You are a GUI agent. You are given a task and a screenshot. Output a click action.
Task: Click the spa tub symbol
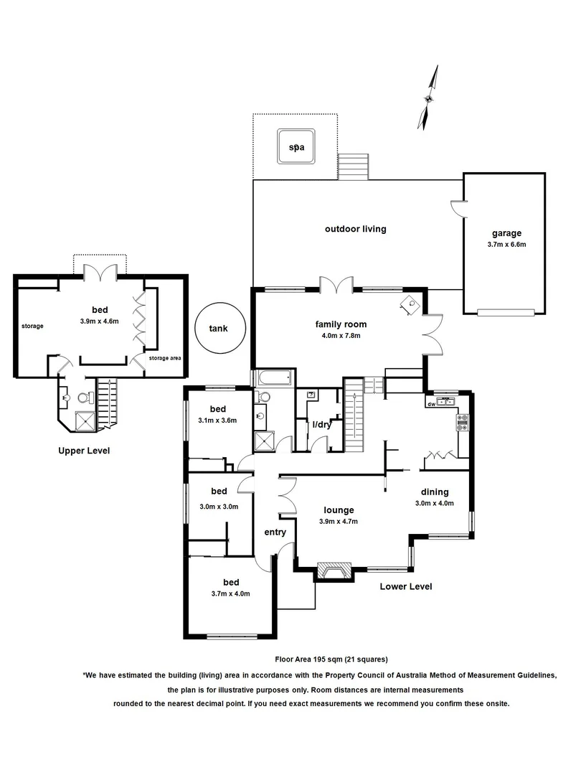pos(296,146)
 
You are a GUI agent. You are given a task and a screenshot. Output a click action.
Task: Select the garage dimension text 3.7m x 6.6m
pos(506,244)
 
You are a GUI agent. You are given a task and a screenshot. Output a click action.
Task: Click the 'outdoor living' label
pos(355,229)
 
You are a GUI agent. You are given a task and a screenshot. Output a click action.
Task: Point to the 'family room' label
pos(337,324)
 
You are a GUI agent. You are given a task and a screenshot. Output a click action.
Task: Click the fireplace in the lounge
pos(334,571)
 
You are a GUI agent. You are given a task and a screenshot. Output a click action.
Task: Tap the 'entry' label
pos(275,532)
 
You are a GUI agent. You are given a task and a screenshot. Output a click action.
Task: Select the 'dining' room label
pos(435,492)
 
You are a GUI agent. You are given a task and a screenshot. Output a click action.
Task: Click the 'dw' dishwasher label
pos(431,404)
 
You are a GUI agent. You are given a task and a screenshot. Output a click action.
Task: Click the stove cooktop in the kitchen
pos(462,423)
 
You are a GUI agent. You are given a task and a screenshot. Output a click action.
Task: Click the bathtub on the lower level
pos(273,377)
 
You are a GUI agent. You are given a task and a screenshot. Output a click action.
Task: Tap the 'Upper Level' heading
pos(84,451)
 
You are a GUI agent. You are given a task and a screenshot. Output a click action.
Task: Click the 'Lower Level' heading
pos(406,586)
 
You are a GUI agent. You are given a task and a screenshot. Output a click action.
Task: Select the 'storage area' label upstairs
pos(165,358)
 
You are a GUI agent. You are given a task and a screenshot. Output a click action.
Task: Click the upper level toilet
pos(83,397)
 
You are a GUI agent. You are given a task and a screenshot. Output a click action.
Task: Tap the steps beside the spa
pos(353,167)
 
